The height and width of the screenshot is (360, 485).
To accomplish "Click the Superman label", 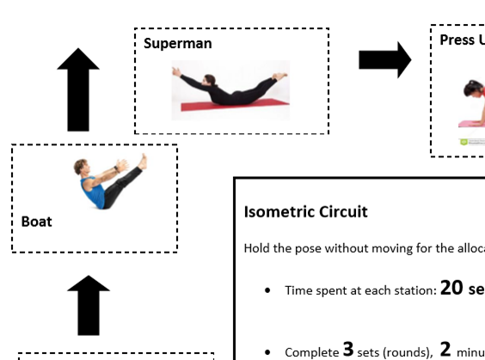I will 178,43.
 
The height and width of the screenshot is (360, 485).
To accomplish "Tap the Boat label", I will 37,222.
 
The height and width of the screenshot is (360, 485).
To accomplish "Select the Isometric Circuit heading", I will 305,211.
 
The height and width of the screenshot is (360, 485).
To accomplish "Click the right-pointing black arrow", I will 384,59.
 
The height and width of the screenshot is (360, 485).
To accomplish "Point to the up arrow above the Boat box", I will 78,88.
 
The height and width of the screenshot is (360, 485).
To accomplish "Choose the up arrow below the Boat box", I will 89,305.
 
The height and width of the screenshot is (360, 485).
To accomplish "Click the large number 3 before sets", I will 347,349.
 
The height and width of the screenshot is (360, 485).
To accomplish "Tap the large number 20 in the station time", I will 452,288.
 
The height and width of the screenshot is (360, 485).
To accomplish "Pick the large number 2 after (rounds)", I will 445,349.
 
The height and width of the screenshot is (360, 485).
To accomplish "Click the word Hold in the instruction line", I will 257,249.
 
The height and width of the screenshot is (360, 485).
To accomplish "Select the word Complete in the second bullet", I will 312,351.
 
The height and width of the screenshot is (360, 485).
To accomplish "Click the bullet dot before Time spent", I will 270,291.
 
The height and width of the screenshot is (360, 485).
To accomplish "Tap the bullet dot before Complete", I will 270,352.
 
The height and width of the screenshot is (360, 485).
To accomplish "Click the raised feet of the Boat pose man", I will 140,161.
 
